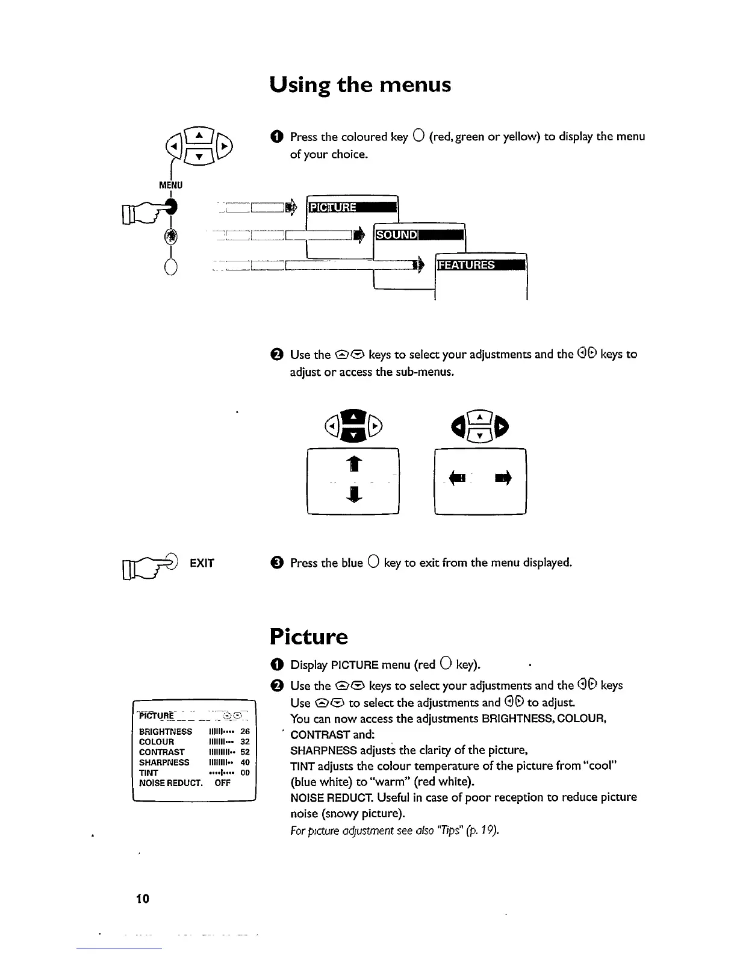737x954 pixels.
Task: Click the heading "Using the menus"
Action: point(359,86)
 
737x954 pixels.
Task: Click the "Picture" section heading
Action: point(308,637)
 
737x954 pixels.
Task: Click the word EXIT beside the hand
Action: point(202,563)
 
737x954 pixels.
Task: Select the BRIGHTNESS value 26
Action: point(245,732)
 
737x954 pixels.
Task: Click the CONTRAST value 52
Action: point(245,752)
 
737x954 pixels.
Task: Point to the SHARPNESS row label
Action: point(164,762)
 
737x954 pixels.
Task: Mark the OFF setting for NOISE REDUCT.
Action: point(223,783)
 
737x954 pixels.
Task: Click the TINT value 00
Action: point(245,773)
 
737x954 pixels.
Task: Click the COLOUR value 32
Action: point(245,742)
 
